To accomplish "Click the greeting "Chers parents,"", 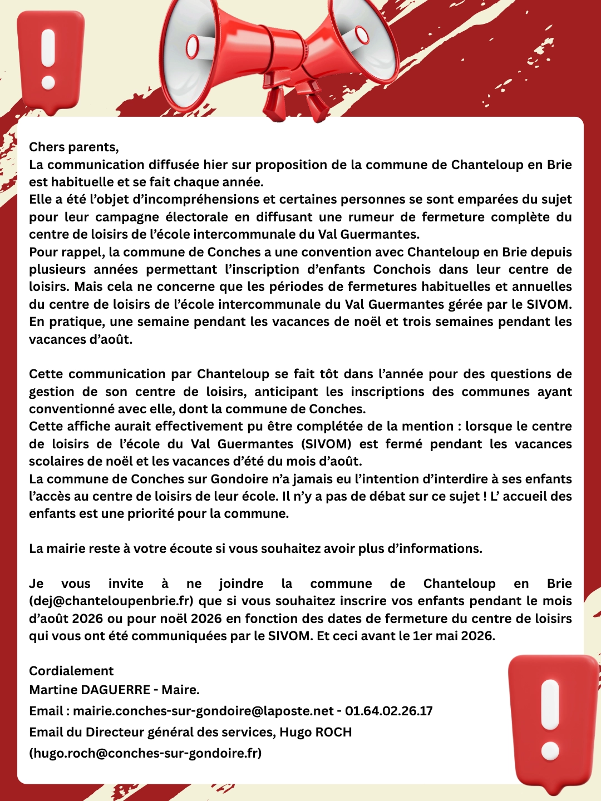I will (x=74, y=147).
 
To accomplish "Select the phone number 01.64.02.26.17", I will (x=389, y=711).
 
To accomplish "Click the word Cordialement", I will (x=71, y=671).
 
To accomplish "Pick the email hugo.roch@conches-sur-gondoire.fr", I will (x=145, y=753).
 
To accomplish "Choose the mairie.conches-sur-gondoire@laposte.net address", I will (x=204, y=711).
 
